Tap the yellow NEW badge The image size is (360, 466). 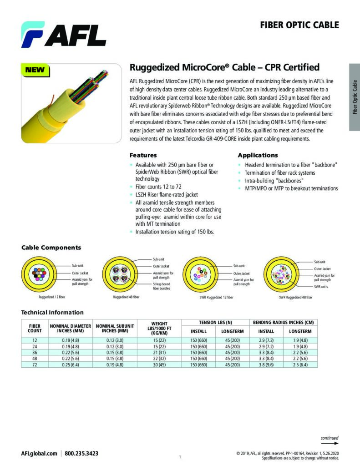tap(35, 70)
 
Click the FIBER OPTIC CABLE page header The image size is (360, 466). tap(299, 25)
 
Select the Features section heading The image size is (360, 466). tap(143, 155)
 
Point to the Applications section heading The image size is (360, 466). tap(258, 155)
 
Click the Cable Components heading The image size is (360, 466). tap(51, 248)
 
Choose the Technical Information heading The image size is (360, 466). tap(52, 312)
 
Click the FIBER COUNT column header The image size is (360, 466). tap(35, 328)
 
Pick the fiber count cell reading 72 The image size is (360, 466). tap(35, 365)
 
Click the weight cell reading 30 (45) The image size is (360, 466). tap(159, 365)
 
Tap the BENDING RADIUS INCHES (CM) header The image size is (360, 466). tap(284, 322)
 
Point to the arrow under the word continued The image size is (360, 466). tap(330, 443)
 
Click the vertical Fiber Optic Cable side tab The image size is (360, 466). tap(355, 97)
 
